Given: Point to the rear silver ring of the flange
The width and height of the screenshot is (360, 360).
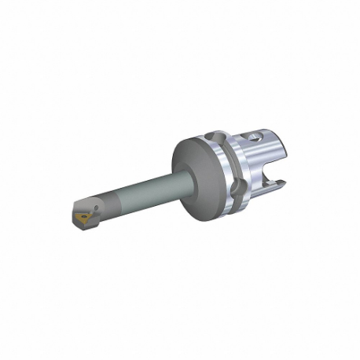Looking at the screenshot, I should [233, 165].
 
